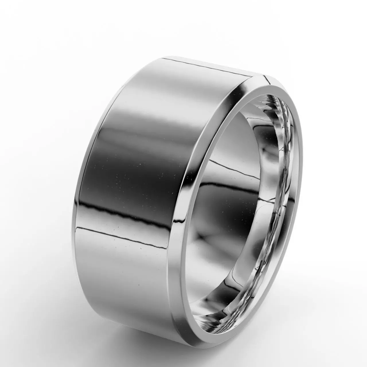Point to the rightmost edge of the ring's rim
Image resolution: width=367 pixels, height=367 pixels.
[x=302, y=161]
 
